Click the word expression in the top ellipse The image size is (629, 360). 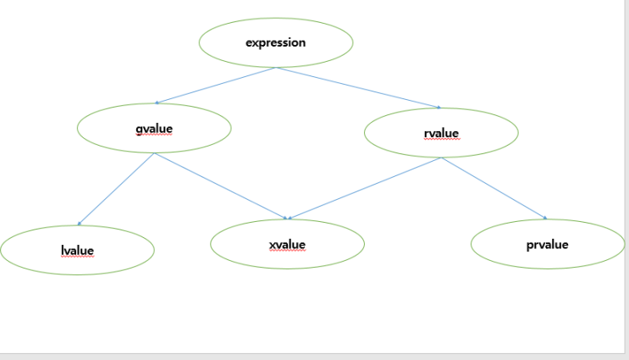point(276,42)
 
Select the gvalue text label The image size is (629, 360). point(153,130)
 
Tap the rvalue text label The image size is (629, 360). point(440,134)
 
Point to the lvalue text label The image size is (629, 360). point(77,251)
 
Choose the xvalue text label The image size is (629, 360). point(287,245)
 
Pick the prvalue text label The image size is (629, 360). point(547,245)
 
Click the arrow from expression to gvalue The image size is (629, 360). point(216,86)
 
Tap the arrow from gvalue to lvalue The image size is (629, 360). point(116,189)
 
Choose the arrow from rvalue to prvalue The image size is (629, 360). point(494,188)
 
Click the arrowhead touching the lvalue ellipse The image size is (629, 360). point(79,224)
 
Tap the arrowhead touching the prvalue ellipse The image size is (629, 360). point(544,218)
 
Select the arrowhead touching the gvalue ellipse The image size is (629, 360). point(156,102)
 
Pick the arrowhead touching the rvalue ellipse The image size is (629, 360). point(439,108)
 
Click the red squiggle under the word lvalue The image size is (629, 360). point(77,258)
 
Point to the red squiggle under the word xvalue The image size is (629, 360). point(287,252)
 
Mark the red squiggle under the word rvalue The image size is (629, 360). point(440,141)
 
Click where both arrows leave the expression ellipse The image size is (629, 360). point(277,68)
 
